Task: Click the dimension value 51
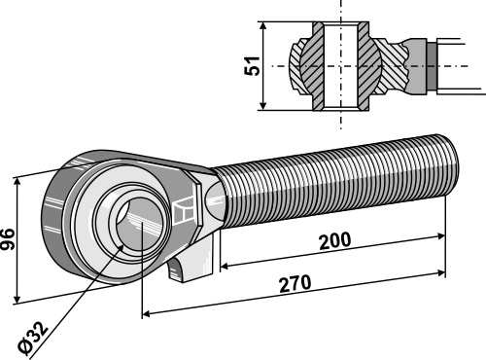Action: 253,66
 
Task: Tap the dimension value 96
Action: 7,239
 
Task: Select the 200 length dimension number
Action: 335,240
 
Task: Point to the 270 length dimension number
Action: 295,283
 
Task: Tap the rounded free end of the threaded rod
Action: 449,165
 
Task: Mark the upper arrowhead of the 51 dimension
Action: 263,26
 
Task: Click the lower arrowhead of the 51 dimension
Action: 263,105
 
